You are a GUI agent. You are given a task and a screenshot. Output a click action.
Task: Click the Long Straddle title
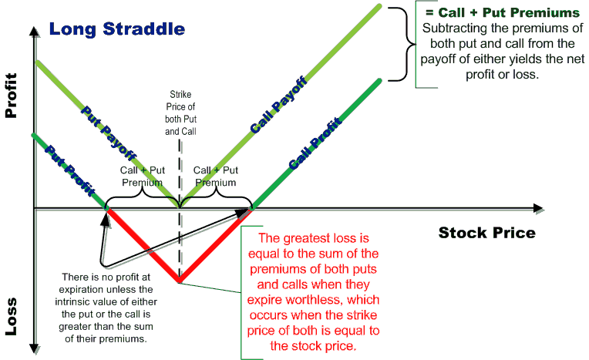coord(117,30)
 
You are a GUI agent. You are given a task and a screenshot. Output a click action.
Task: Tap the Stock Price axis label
coord(486,232)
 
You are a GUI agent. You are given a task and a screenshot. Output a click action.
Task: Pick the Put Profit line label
coord(63,163)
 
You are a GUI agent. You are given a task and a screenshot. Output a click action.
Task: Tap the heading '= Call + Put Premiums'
coord(500,13)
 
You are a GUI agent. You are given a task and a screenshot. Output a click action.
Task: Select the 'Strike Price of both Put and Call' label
coord(180,113)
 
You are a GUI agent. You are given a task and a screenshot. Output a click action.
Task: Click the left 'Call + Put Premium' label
coord(143,176)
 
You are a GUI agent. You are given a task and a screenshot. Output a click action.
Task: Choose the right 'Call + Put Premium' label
coord(216,176)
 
